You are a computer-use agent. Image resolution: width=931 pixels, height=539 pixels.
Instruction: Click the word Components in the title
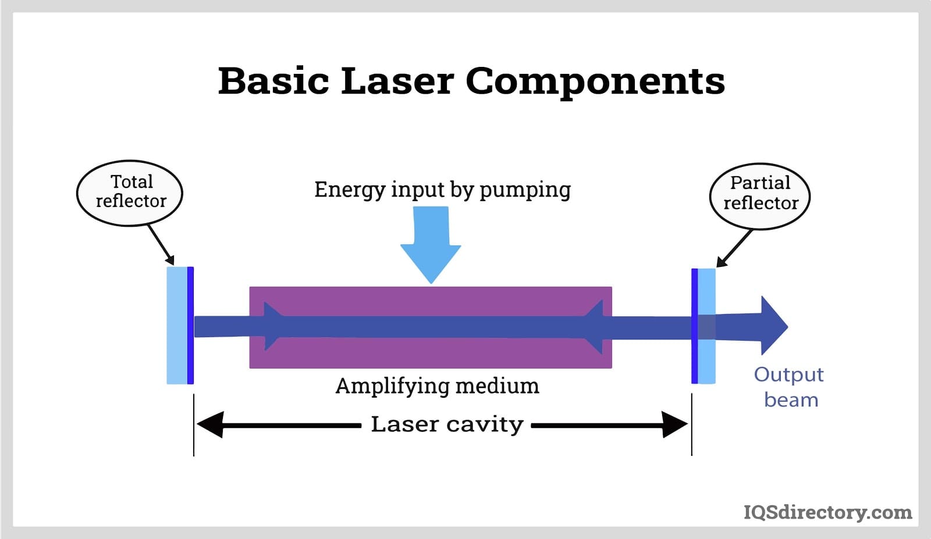pyautogui.click(x=595, y=81)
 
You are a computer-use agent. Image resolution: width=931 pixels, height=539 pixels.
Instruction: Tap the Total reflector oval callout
pyautogui.click(x=130, y=192)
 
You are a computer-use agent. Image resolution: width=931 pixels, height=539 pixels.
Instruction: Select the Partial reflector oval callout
pyautogui.click(x=760, y=195)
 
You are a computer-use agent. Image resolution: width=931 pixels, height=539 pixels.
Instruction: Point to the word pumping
pyautogui.click(x=525, y=190)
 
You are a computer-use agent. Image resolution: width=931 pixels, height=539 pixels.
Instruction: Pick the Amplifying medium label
pyautogui.click(x=437, y=386)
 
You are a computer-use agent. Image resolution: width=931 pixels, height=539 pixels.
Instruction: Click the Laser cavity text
pyautogui.click(x=447, y=424)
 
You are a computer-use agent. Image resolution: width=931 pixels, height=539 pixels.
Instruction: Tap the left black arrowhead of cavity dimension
pyautogui.click(x=209, y=424)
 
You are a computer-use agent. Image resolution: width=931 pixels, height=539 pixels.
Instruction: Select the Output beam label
pyautogui.click(x=790, y=387)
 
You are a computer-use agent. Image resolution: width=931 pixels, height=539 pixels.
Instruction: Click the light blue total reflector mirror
pyautogui.click(x=177, y=326)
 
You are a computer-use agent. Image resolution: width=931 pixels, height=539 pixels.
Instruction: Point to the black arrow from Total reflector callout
pyautogui.click(x=161, y=245)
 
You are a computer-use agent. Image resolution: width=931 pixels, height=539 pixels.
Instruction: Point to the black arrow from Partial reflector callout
pyautogui.click(x=735, y=248)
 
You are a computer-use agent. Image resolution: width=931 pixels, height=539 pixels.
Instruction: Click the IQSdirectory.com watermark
pyautogui.click(x=827, y=512)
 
